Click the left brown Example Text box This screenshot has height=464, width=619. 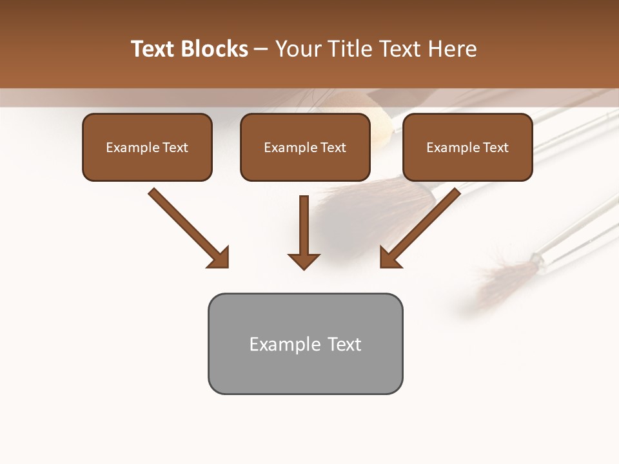(x=147, y=148)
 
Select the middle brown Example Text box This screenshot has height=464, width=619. (x=305, y=148)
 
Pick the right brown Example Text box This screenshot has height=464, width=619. (x=467, y=148)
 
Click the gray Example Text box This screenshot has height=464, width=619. (x=305, y=344)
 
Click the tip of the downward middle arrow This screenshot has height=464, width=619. (x=304, y=267)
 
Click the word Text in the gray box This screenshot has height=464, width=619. (x=344, y=344)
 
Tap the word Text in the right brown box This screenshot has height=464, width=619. (x=496, y=148)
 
